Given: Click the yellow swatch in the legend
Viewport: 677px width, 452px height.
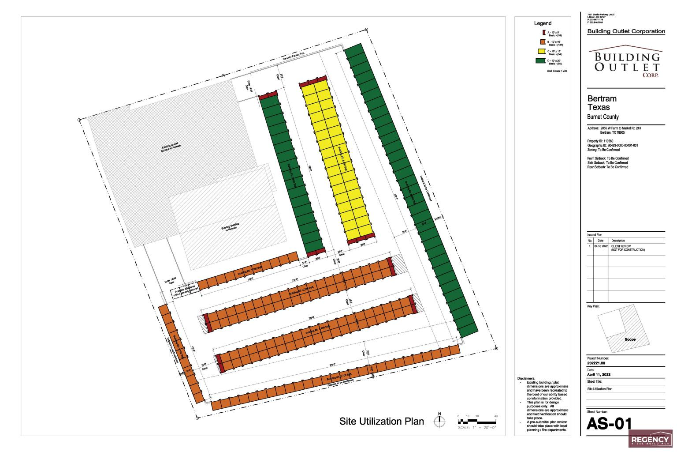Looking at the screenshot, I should tap(543, 52).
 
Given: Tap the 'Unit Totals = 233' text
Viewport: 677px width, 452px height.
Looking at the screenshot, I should tap(557, 71).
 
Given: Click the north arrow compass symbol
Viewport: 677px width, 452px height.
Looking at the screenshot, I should tap(439, 421).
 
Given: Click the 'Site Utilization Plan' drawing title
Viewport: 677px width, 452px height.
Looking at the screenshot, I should tap(381, 421).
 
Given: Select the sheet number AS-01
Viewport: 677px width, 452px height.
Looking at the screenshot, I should tap(610, 424).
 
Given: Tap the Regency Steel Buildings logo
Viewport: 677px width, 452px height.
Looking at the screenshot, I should tap(650, 440).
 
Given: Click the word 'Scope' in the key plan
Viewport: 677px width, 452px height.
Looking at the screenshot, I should tap(630, 339).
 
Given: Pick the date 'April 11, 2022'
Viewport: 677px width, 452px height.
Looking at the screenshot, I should tap(599, 375).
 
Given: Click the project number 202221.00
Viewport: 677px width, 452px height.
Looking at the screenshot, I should tap(596, 363).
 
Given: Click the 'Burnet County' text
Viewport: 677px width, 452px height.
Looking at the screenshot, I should tap(603, 117).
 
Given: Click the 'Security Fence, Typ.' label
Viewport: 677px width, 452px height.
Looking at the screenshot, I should tap(294, 56).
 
